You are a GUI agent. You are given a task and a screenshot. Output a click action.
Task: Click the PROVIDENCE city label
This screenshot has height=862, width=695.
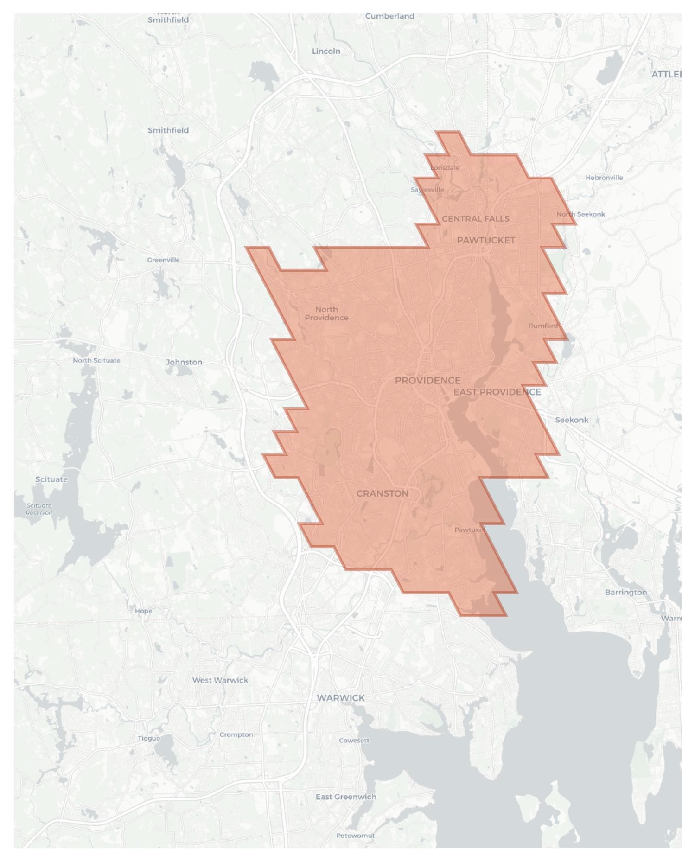[427, 380]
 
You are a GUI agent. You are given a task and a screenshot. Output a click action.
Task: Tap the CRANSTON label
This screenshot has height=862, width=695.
[383, 493]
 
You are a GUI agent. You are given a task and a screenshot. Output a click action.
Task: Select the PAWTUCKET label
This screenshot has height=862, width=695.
[486, 240]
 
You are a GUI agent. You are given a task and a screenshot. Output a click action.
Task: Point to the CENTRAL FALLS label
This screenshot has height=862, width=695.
[475, 218]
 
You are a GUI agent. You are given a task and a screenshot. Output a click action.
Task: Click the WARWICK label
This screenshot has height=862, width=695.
[341, 697]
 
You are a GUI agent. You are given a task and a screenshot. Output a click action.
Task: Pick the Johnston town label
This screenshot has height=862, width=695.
[184, 362]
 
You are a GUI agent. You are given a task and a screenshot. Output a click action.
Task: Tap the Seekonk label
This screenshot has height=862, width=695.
[572, 420]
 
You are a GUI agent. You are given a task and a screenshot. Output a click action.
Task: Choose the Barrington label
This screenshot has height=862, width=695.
[625, 592]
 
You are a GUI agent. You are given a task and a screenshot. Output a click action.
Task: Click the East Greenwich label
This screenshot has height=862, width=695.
[346, 797]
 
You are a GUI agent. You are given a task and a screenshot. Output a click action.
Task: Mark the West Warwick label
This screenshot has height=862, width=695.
[220, 680]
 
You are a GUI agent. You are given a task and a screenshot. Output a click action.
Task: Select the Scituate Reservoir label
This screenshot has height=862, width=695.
[39, 509]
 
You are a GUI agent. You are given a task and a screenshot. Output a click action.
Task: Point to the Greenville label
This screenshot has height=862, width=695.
[163, 260]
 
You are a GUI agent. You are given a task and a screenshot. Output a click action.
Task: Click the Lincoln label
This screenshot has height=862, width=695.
[326, 51]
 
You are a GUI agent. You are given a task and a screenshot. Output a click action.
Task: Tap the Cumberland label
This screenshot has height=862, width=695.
[389, 16]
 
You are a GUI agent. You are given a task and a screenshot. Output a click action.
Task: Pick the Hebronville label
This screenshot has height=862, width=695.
[604, 178]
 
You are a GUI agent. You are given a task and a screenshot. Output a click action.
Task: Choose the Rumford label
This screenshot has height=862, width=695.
[543, 326]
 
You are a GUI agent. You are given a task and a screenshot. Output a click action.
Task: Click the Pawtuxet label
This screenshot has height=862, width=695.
[470, 530]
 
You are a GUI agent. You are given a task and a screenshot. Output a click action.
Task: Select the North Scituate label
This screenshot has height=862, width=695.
[96, 360]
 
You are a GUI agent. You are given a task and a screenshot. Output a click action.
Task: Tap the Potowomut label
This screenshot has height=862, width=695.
[355, 836]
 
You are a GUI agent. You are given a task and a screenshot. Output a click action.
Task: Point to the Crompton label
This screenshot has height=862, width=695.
[236, 734]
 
